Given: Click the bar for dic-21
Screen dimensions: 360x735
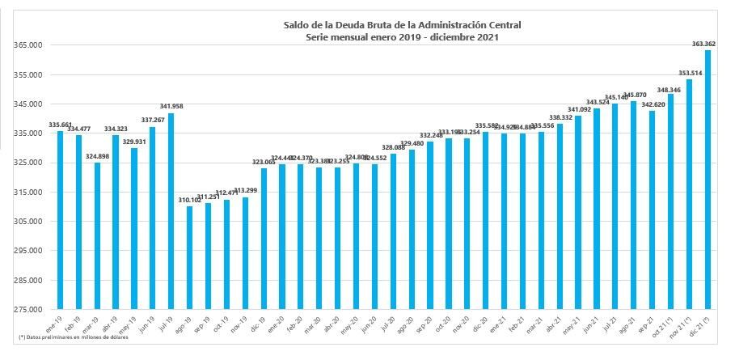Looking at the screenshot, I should click(x=708, y=180).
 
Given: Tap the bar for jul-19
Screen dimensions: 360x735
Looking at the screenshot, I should click(x=171, y=211).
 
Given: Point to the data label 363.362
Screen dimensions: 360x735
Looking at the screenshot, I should click(x=708, y=44).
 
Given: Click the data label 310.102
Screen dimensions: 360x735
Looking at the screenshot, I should click(x=189, y=199).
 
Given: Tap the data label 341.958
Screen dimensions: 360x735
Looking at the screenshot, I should click(x=171, y=106).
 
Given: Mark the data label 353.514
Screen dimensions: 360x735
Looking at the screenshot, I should click(x=690, y=73).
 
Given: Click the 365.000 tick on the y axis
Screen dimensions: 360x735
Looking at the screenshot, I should click(x=27, y=45).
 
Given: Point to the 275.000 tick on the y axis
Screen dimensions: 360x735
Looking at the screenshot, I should click(x=27, y=310).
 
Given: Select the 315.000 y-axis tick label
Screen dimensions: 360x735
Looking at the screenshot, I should click(x=27, y=193).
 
